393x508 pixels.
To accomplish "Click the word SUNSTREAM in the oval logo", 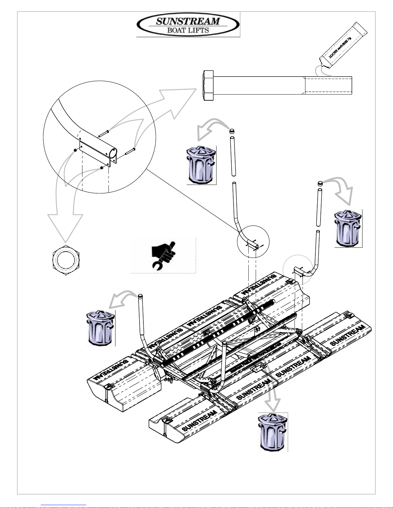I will pyautogui.click(x=188, y=21).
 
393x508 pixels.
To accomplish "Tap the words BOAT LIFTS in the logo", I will pyautogui.click(x=188, y=30).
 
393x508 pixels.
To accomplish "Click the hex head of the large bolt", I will pyautogui.click(x=208, y=86).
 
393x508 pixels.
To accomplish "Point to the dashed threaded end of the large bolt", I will pyautogui.click(x=328, y=86).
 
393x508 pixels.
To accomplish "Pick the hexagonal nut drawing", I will pyautogui.click(x=66, y=259).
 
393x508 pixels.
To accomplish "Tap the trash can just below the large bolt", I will pyautogui.click(x=201, y=165).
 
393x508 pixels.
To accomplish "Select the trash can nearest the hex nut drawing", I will pyautogui.click(x=100, y=328).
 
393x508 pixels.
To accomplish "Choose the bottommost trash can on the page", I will pyautogui.click(x=273, y=432).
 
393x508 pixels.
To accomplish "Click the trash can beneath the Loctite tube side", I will pyautogui.click(x=348, y=228).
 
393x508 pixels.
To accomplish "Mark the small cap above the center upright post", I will pyautogui.click(x=232, y=131).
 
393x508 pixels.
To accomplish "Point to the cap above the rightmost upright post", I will pyautogui.click(x=320, y=184).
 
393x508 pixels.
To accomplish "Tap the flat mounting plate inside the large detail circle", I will pyautogui.click(x=95, y=152).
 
